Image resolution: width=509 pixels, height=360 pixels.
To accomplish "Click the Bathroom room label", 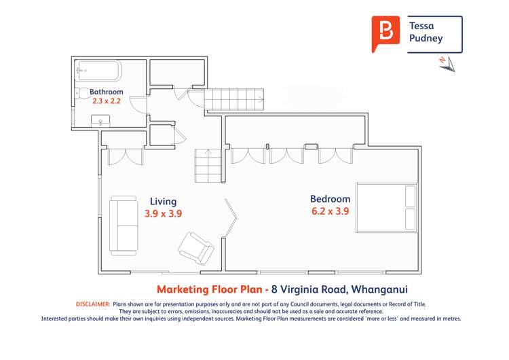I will tap(107, 92).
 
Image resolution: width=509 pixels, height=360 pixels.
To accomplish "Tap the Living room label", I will tap(163, 201).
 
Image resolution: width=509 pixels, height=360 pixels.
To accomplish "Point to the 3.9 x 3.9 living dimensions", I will tap(163, 213).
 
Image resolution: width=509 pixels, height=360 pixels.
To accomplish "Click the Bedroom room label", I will tap(330, 199).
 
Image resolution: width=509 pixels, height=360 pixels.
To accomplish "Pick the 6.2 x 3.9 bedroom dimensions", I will tap(330, 211).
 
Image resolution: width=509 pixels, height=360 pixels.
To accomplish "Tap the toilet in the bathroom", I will tap(79, 94).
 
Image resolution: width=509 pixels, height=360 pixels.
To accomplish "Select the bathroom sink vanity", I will tap(102, 120).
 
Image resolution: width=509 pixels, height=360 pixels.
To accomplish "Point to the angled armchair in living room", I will tap(196, 247).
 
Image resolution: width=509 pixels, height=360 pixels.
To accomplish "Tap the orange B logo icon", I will tap(385, 33).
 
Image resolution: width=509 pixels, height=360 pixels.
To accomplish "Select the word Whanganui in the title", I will tap(380, 289).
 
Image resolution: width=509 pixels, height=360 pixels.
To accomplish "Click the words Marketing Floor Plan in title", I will tap(208, 289).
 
